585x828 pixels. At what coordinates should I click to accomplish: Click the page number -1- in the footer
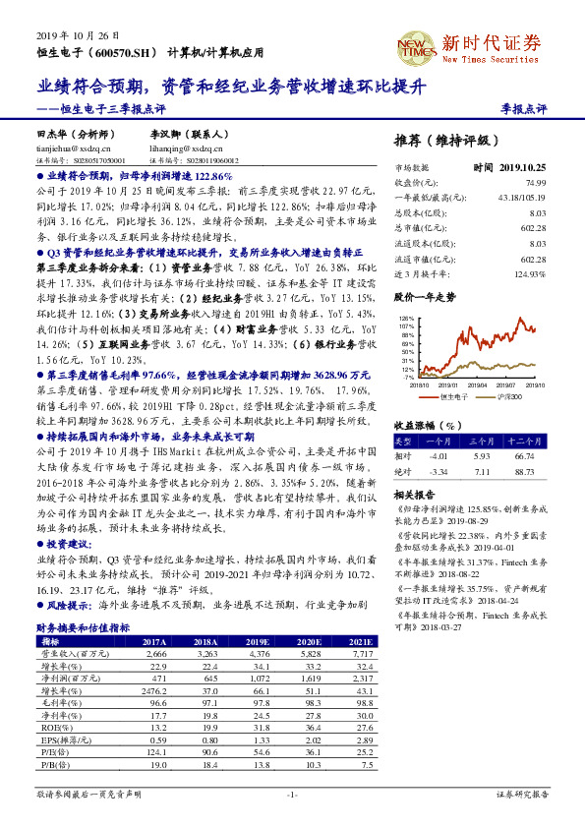click(291, 794)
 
